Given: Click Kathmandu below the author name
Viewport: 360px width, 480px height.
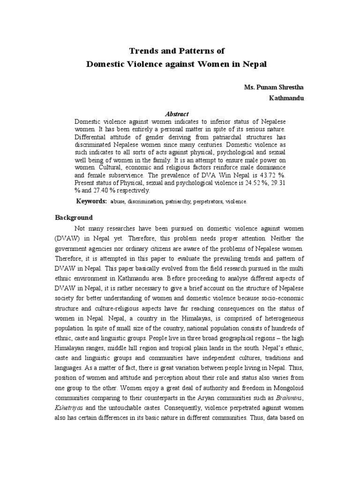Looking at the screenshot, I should click(275, 99).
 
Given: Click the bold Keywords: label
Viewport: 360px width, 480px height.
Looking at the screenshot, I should click(91, 201).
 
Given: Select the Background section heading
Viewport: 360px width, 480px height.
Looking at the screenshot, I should click(74, 218).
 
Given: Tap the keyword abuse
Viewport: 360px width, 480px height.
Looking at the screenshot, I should click(117, 202).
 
